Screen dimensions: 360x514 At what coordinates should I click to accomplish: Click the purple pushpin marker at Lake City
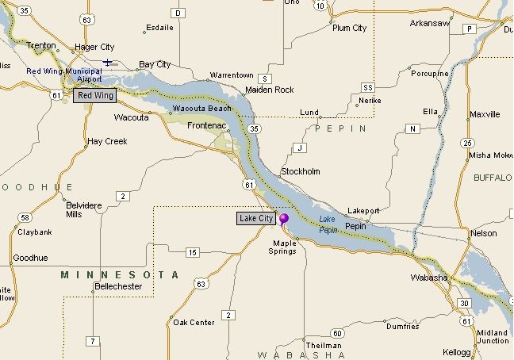[283, 217]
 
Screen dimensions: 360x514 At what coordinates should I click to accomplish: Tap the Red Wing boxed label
[94, 96]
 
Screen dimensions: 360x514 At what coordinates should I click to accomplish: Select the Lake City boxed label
[255, 218]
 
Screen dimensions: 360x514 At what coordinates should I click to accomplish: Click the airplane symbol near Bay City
[108, 62]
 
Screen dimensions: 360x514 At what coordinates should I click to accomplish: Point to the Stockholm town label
[301, 171]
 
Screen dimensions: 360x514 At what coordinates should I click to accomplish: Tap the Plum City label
[349, 28]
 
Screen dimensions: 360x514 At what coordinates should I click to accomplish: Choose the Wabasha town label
[429, 278]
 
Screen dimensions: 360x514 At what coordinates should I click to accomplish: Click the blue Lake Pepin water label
[328, 224]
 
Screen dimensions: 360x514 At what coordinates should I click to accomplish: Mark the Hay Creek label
[106, 141]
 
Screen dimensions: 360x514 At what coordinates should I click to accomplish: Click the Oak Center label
[194, 322]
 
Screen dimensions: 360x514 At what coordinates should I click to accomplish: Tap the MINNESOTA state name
[120, 274]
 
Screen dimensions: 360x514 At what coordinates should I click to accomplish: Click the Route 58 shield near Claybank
[25, 217]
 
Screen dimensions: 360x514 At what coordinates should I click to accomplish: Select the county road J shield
[299, 148]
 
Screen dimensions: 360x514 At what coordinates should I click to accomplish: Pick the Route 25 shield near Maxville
[467, 143]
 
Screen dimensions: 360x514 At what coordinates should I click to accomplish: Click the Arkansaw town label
[430, 23]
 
